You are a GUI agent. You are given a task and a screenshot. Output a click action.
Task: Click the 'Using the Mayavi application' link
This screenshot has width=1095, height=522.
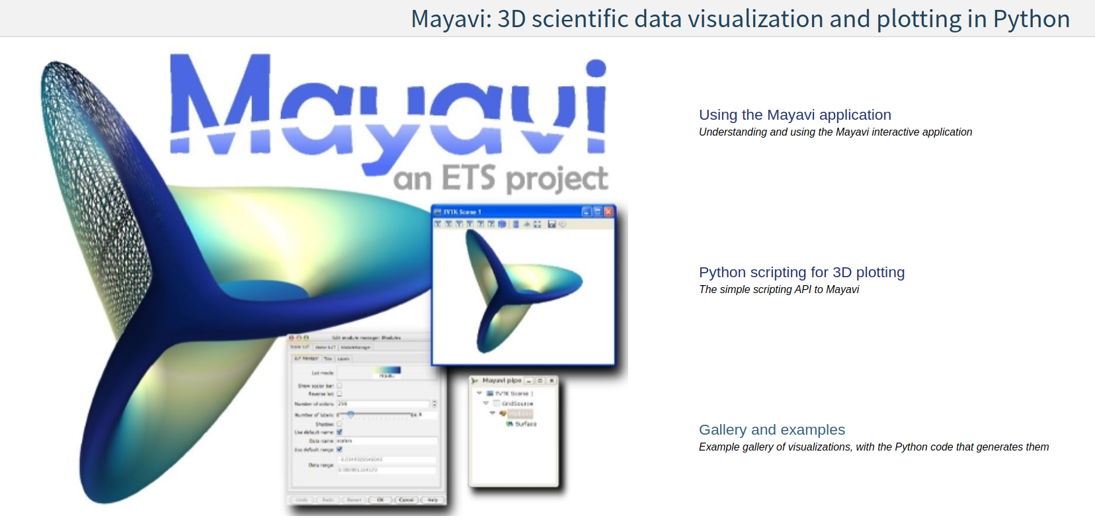(x=795, y=115)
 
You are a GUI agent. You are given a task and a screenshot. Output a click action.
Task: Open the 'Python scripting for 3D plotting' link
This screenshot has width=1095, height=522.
(x=801, y=273)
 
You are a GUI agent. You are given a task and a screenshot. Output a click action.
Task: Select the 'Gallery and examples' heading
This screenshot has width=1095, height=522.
(x=772, y=430)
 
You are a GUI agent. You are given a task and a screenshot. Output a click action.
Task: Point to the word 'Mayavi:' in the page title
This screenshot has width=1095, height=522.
(x=451, y=19)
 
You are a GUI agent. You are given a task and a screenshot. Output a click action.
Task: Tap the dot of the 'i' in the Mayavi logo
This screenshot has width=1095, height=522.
(x=596, y=68)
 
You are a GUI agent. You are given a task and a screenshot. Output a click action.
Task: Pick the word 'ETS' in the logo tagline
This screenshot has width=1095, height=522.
(x=468, y=178)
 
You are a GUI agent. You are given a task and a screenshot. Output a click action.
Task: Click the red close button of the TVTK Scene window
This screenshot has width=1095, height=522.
(x=608, y=212)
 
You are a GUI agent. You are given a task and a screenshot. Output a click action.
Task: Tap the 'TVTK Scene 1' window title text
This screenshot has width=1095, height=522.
(x=462, y=212)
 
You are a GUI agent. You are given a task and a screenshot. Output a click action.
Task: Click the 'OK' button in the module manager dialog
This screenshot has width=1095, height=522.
(x=380, y=500)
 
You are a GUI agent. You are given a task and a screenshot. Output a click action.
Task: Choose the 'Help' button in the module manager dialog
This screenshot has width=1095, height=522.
(x=432, y=500)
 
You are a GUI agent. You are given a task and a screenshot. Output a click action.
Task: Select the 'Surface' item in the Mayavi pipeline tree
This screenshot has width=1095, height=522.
(x=526, y=424)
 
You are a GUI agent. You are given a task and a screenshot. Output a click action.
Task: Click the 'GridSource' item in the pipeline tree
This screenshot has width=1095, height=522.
(x=517, y=404)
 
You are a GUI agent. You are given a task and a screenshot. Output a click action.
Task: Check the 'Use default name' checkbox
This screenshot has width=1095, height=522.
(x=340, y=432)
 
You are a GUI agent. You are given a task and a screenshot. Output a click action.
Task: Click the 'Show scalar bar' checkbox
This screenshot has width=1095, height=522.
(x=340, y=385)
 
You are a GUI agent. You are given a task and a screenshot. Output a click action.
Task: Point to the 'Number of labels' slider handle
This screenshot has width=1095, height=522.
(x=351, y=414)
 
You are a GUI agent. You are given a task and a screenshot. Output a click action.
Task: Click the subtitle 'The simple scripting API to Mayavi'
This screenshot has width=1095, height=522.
(x=779, y=290)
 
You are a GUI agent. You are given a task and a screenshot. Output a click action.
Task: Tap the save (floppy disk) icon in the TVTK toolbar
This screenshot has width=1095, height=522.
(x=551, y=225)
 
